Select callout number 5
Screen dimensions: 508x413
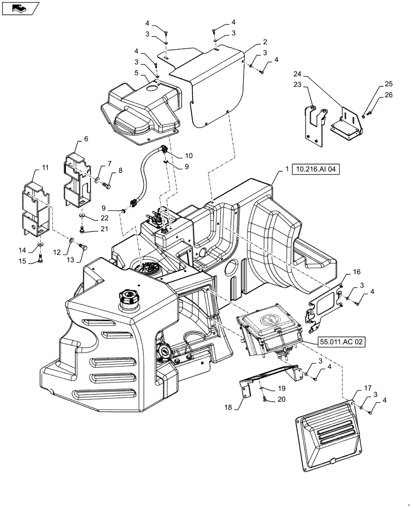point(136,73)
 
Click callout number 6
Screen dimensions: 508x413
point(86,139)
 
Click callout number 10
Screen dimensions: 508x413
point(174,155)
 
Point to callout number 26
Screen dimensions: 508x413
point(389,94)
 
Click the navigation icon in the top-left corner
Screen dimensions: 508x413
point(20,8)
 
